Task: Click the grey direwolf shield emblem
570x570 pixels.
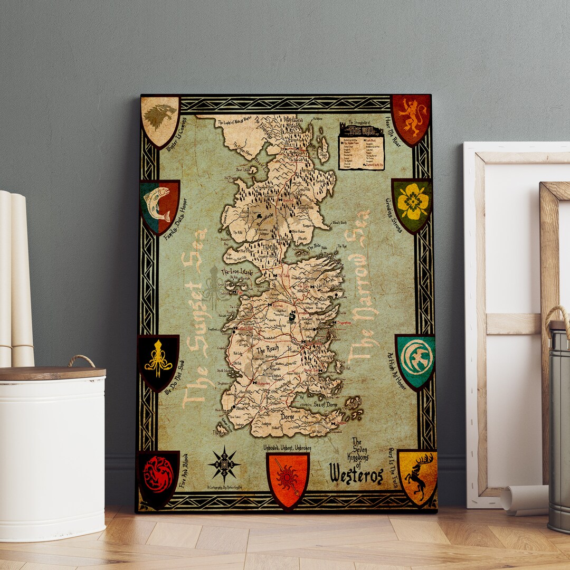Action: click(x=160, y=119)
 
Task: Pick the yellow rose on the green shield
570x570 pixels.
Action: click(x=412, y=203)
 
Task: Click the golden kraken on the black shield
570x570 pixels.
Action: click(x=158, y=359)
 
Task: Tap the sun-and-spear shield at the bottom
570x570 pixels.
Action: click(x=288, y=477)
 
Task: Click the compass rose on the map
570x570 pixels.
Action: click(x=224, y=463)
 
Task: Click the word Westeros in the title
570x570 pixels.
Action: click(x=356, y=474)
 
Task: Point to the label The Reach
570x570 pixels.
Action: click(x=267, y=350)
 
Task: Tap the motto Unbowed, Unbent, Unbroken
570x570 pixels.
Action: click(x=287, y=448)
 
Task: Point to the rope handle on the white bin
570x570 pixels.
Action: click(x=81, y=361)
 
